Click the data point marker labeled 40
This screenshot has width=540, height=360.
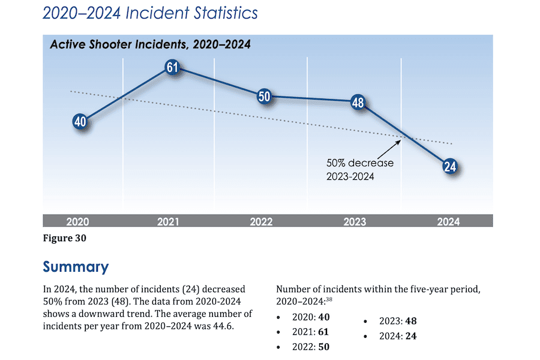tap(80, 122)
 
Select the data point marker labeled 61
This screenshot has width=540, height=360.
tap(172, 68)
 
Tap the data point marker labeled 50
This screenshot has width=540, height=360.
tap(264, 96)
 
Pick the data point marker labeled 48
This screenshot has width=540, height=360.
tap(358, 103)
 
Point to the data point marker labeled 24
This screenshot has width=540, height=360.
tap(449, 167)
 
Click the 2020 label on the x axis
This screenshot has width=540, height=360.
tap(77, 221)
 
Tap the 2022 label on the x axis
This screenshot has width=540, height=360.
tap(261, 221)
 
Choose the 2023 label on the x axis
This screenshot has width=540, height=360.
tap(355, 221)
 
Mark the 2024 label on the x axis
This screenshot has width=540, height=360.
tap(448, 221)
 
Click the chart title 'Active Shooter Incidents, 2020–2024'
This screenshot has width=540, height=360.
tap(150, 44)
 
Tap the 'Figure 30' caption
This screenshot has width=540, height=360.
tap(65, 238)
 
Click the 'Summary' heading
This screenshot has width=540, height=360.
tap(76, 267)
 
